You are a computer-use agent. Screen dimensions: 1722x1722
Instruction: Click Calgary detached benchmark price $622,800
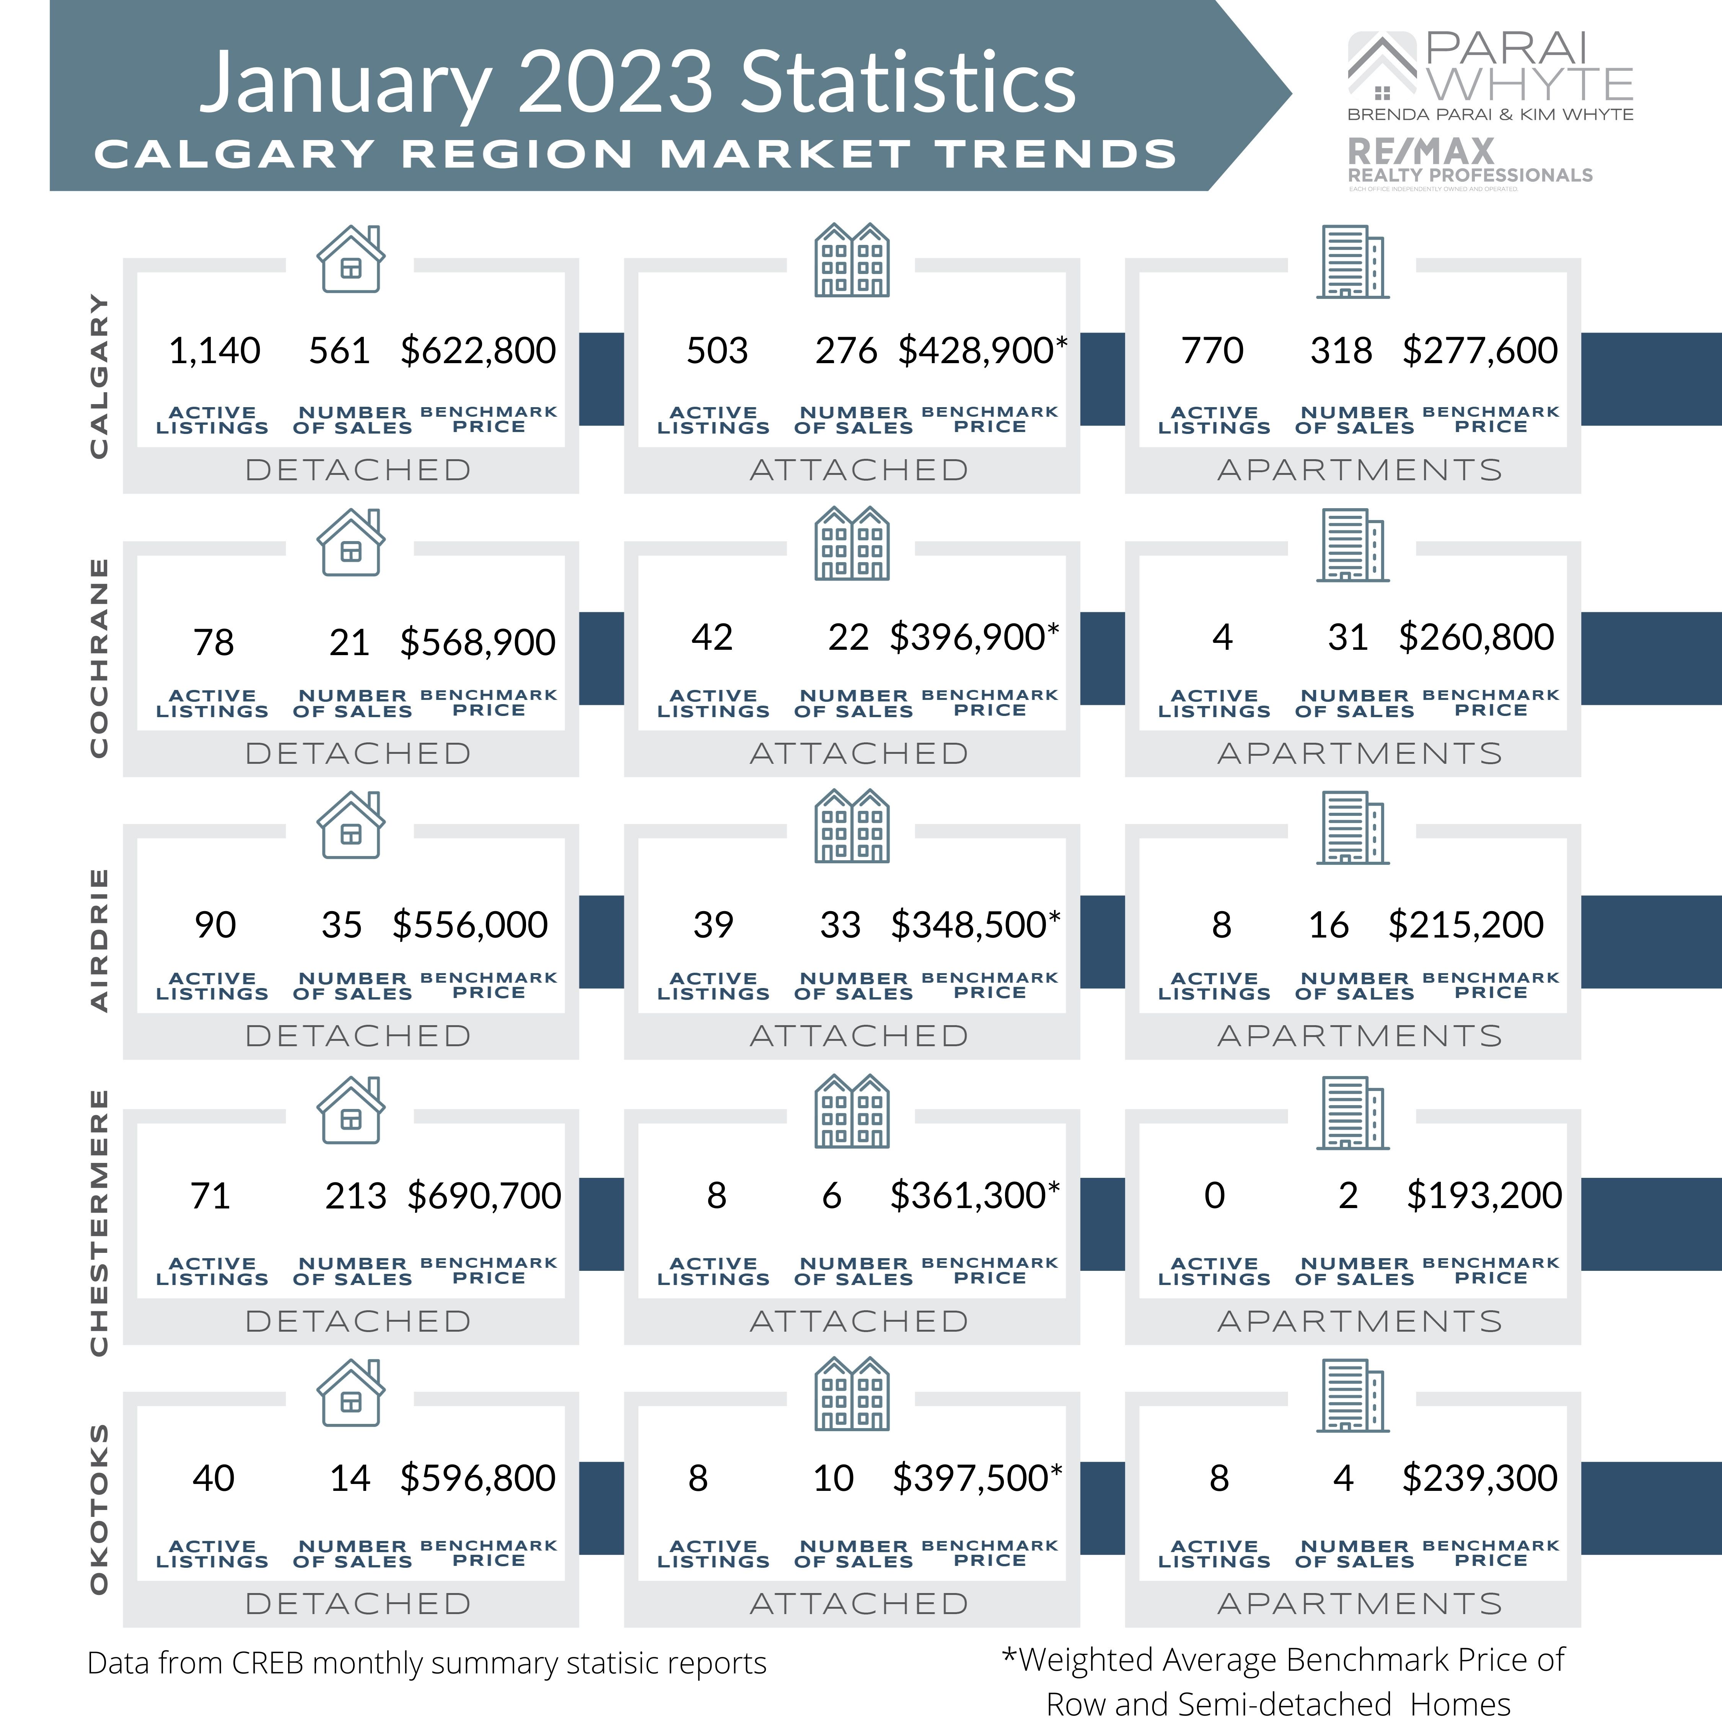coord(478,350)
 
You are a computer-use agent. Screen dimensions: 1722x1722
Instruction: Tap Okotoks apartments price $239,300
coord(1479,1478)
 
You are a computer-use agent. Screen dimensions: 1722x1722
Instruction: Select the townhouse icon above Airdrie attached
coord(852,826)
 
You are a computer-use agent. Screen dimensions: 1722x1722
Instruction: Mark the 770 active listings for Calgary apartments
coord(1212,350)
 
